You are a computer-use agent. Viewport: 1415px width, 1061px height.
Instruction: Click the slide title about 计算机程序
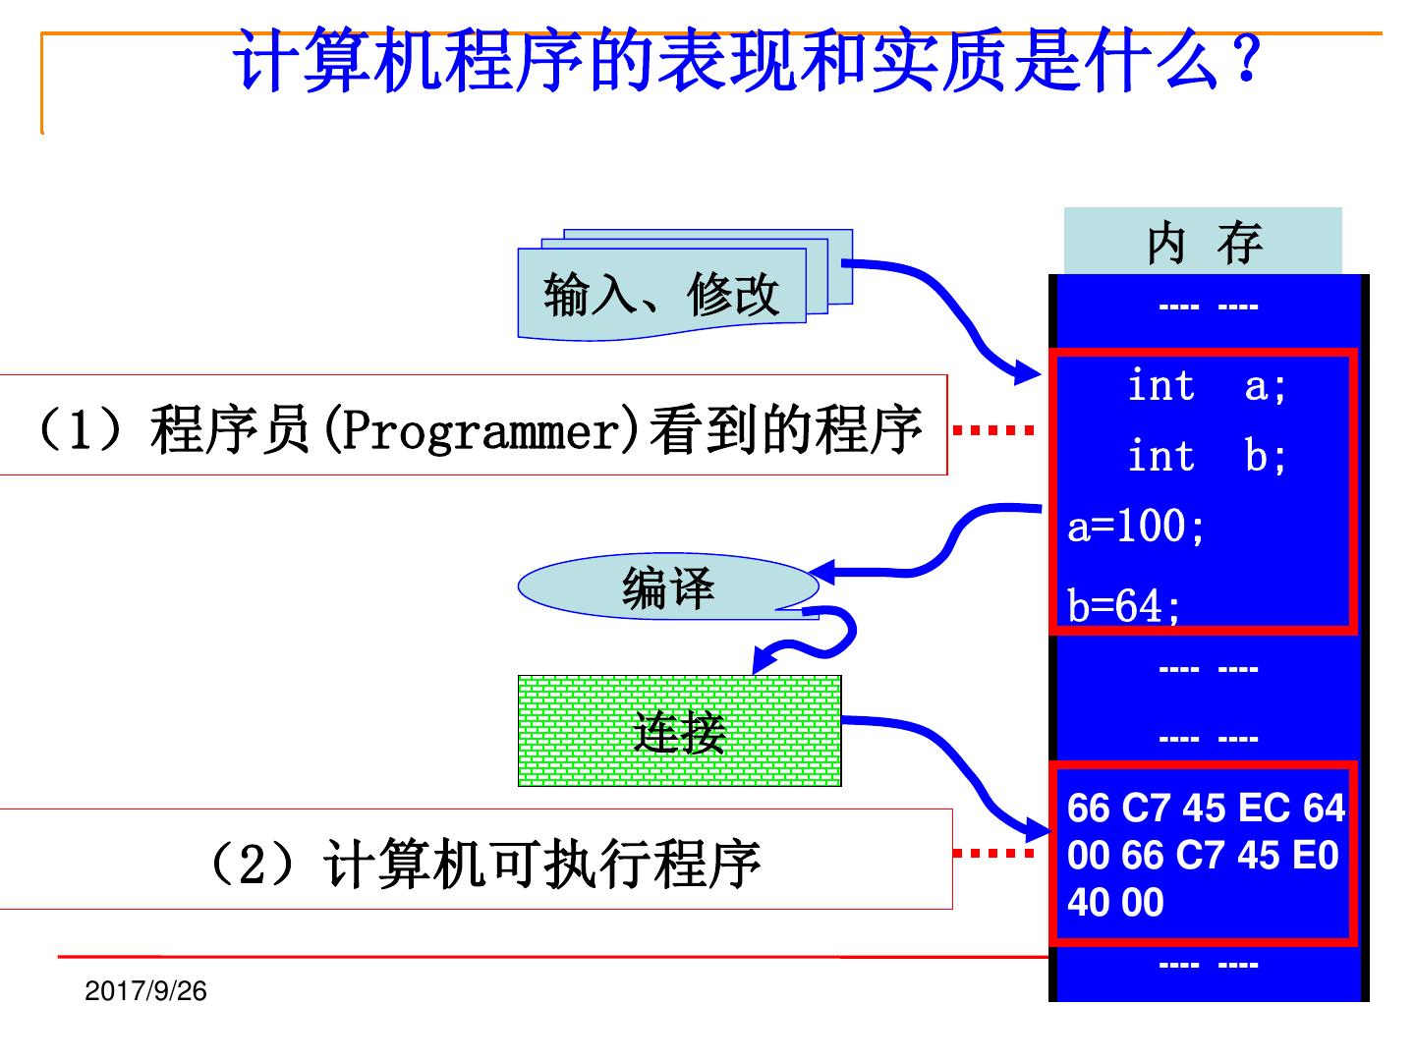pos(747,61)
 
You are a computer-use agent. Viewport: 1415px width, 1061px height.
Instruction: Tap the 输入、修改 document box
pos(662,294)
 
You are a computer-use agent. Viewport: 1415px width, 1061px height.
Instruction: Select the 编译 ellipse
pos(668,587)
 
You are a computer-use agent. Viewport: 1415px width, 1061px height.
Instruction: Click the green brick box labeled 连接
pos(679,731)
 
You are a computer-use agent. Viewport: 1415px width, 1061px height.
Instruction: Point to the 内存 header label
pos(1203,242)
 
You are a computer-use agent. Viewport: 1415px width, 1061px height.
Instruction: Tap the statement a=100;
pos(1136,527)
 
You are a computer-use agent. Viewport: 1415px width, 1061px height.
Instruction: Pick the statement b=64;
pos(1124,605)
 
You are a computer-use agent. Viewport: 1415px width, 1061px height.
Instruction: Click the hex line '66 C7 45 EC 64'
pos(1206,808)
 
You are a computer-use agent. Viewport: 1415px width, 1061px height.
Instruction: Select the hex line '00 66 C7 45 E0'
pos(1203,855)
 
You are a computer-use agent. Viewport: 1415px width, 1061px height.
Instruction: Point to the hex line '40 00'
pos(1115,902)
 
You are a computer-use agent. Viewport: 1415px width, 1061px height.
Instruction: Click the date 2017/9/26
pos(146,990)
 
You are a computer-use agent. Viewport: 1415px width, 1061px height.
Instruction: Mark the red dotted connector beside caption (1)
pos(993,429)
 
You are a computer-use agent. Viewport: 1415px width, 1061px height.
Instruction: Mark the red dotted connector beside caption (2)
pos(993,853)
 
